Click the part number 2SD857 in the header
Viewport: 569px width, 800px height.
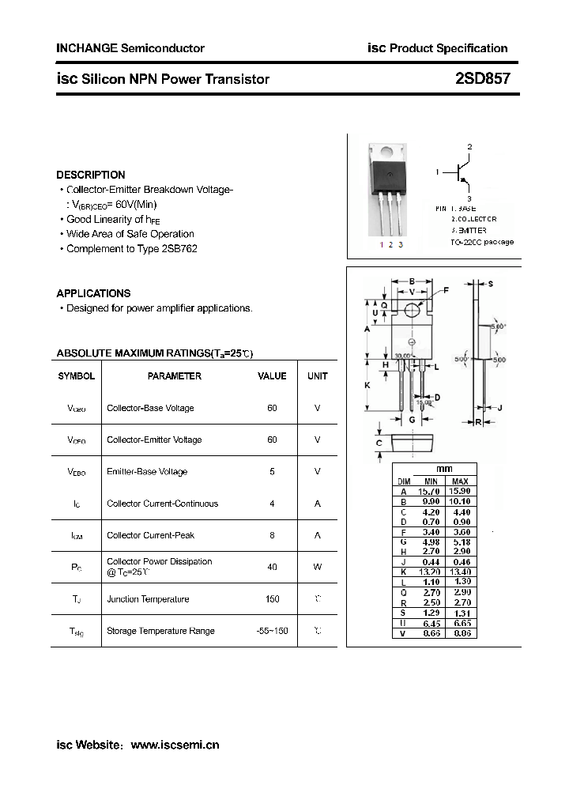tap(482, 79)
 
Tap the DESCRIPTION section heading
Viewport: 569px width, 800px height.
tap(91, 175)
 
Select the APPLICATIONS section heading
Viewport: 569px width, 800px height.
tap(93, 293)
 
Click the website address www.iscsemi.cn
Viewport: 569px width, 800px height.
tap(174, 745)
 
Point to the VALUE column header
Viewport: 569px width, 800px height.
tap(272, 376)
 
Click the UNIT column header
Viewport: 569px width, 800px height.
tap(317, 376)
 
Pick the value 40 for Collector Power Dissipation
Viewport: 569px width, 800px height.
tap(272, 567)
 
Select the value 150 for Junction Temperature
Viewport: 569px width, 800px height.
tap(272, 599)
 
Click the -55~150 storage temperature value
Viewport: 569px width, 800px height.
tap(272, 631)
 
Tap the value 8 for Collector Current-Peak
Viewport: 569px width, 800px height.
tap(272, 535)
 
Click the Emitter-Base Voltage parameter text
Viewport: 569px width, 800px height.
tap(147, 472)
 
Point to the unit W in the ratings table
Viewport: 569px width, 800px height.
tap(317, 567)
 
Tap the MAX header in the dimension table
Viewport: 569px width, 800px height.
tap(460, 481)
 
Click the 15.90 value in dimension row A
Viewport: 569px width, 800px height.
tap(460, 491)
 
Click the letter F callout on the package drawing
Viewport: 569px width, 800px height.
tap(446, 291)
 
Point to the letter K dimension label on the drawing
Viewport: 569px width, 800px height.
tap(367, 385)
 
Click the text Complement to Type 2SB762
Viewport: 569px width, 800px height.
tap(131, 249)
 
